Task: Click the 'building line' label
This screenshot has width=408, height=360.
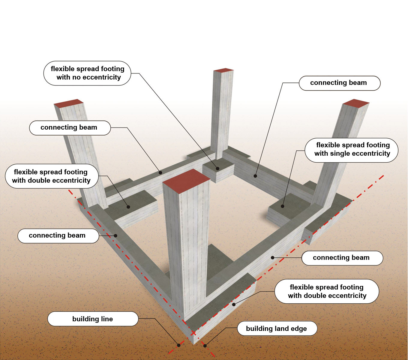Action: (x=93, y=319)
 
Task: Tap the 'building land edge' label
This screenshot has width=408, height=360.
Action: (x=277, y=329)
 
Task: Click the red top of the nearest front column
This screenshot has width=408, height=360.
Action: (x=186, y=181)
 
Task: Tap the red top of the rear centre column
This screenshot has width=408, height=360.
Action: (x=223, y=70)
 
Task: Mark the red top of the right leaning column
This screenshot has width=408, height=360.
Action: (x=356, y=103)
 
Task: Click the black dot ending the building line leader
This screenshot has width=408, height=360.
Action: (x=179, y=345)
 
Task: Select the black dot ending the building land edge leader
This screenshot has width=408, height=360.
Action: (x=205, y=346)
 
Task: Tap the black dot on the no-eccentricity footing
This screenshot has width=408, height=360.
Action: (x=218, y=169)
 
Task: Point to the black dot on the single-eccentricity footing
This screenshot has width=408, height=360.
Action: (x=282, y=206)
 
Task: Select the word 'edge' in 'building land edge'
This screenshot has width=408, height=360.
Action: (x=298, y=329)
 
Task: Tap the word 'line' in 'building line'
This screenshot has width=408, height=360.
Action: (x=107, y=319)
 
